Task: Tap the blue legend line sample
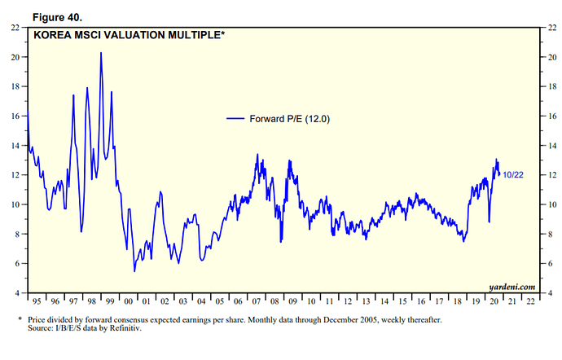point(235,119)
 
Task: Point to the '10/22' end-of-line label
point(513,175)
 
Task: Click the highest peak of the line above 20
point(101,53)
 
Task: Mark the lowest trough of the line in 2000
point(134,271)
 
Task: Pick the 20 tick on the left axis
point(15,57)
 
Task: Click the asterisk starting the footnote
point(19,320)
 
